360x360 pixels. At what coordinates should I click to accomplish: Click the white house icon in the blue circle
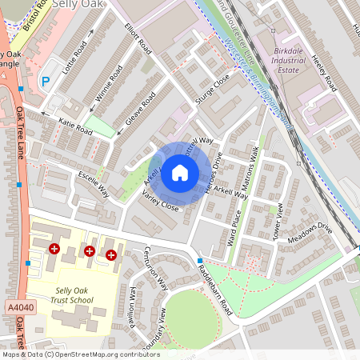[180, 171]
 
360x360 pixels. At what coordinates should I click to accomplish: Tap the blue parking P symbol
[45, 81]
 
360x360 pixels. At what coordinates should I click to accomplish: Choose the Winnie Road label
[109, 81]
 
